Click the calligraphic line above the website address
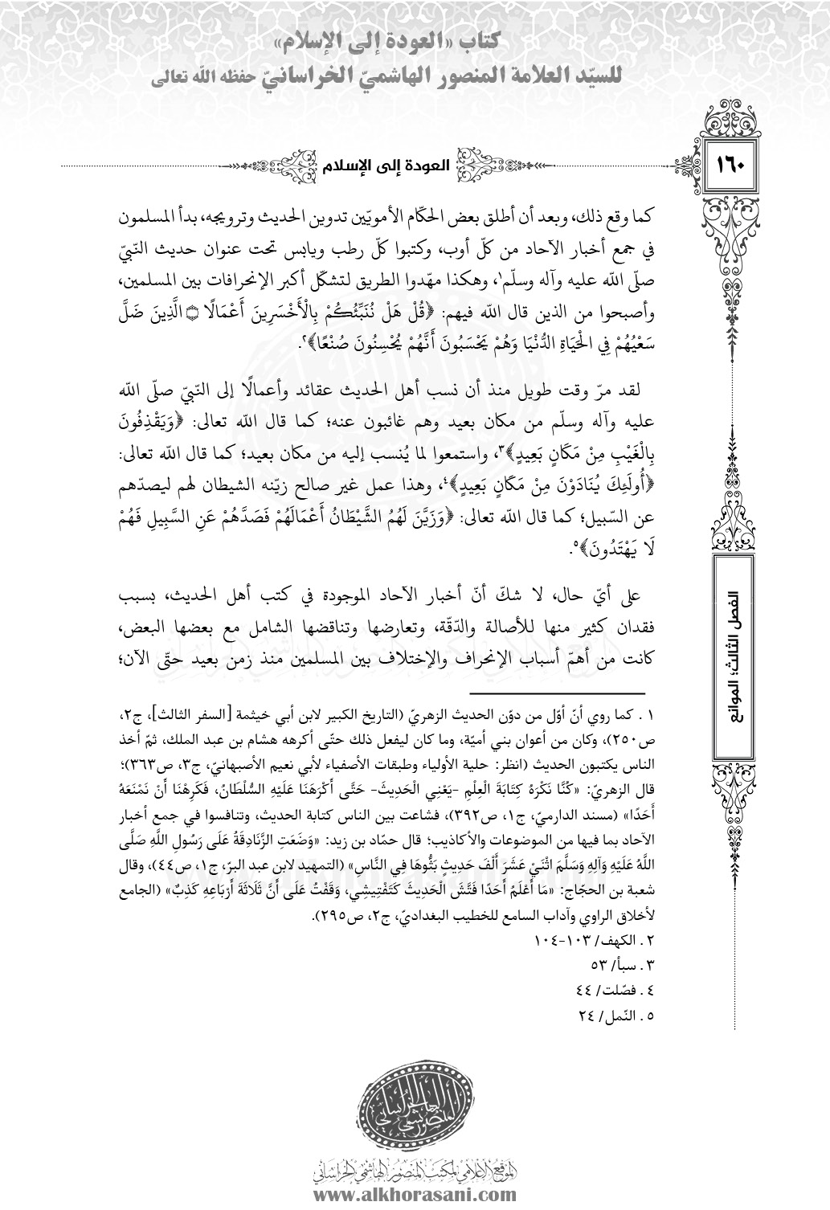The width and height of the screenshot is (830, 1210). [x=415, y=1171]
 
